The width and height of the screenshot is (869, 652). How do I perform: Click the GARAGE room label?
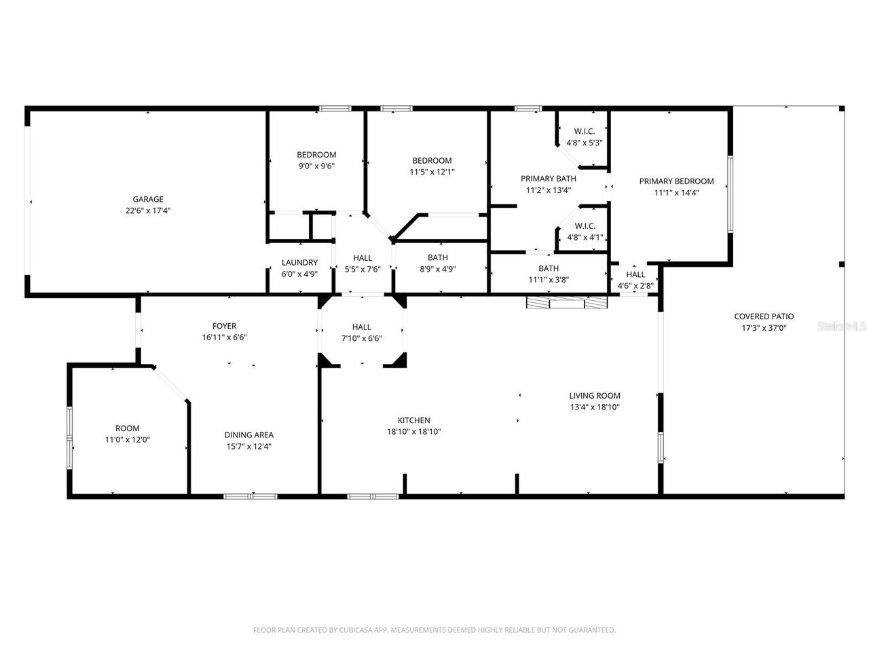click(147, 199)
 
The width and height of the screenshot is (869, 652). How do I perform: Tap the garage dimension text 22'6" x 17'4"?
click(147, 211)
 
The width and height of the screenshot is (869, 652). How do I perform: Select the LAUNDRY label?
click(299, 262)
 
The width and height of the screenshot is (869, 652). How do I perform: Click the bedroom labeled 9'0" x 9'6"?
click(316, 160)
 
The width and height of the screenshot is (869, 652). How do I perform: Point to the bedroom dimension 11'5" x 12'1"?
click(432, 172)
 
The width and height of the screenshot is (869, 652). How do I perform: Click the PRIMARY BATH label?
click(548, 179)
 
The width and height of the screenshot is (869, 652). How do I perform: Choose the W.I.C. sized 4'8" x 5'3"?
click(585, 137)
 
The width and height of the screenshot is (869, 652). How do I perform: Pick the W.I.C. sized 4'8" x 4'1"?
click(585, 232)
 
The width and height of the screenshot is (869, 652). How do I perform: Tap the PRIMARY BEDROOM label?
click(676, 181)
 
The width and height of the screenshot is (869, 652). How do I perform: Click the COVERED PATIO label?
click(764, 316)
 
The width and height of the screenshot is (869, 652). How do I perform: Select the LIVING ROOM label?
click(594, 396)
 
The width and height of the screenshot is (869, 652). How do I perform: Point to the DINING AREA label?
click(249, 435)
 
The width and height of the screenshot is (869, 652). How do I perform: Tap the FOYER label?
click(224, 326)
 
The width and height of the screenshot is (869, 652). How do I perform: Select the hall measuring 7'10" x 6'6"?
click(361, 332)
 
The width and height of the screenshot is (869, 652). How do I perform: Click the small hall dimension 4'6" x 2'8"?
click(635, 286)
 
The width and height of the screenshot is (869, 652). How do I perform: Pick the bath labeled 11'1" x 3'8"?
click(549, 274)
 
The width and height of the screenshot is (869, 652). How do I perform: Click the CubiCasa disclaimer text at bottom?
click(434, 630)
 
